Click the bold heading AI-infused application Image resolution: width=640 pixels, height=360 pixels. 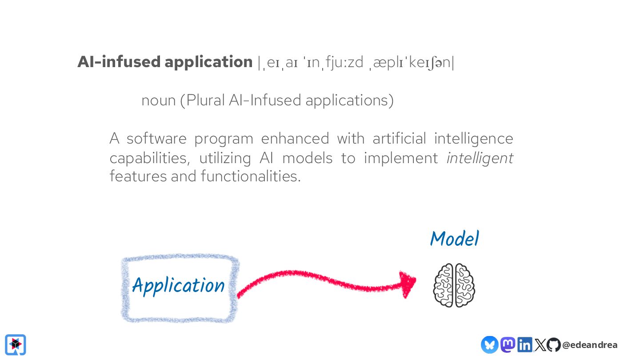pos(165,62)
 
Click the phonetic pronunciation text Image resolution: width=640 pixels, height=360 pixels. pos(356,63)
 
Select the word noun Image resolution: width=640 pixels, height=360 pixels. pos(159,100)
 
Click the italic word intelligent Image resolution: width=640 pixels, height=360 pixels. pos(480,158)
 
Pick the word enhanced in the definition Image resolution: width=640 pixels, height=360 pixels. pos(295,139)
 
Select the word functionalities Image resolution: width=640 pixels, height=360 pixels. pos(251,176)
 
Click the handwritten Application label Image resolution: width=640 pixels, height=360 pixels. pos(179,285)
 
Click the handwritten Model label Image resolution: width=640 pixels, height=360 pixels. pos(454,239)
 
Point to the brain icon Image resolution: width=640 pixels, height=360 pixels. pos(454,285)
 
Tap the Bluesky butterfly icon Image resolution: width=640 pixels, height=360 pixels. pos(489,344)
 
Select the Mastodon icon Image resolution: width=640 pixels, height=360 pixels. pos(508,344)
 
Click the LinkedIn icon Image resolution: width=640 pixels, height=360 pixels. pos(524,344)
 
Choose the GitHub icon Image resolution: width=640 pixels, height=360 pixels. pos(553,344)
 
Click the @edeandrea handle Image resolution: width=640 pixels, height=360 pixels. pos(590,345)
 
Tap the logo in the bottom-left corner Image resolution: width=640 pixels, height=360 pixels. pos(16,344)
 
